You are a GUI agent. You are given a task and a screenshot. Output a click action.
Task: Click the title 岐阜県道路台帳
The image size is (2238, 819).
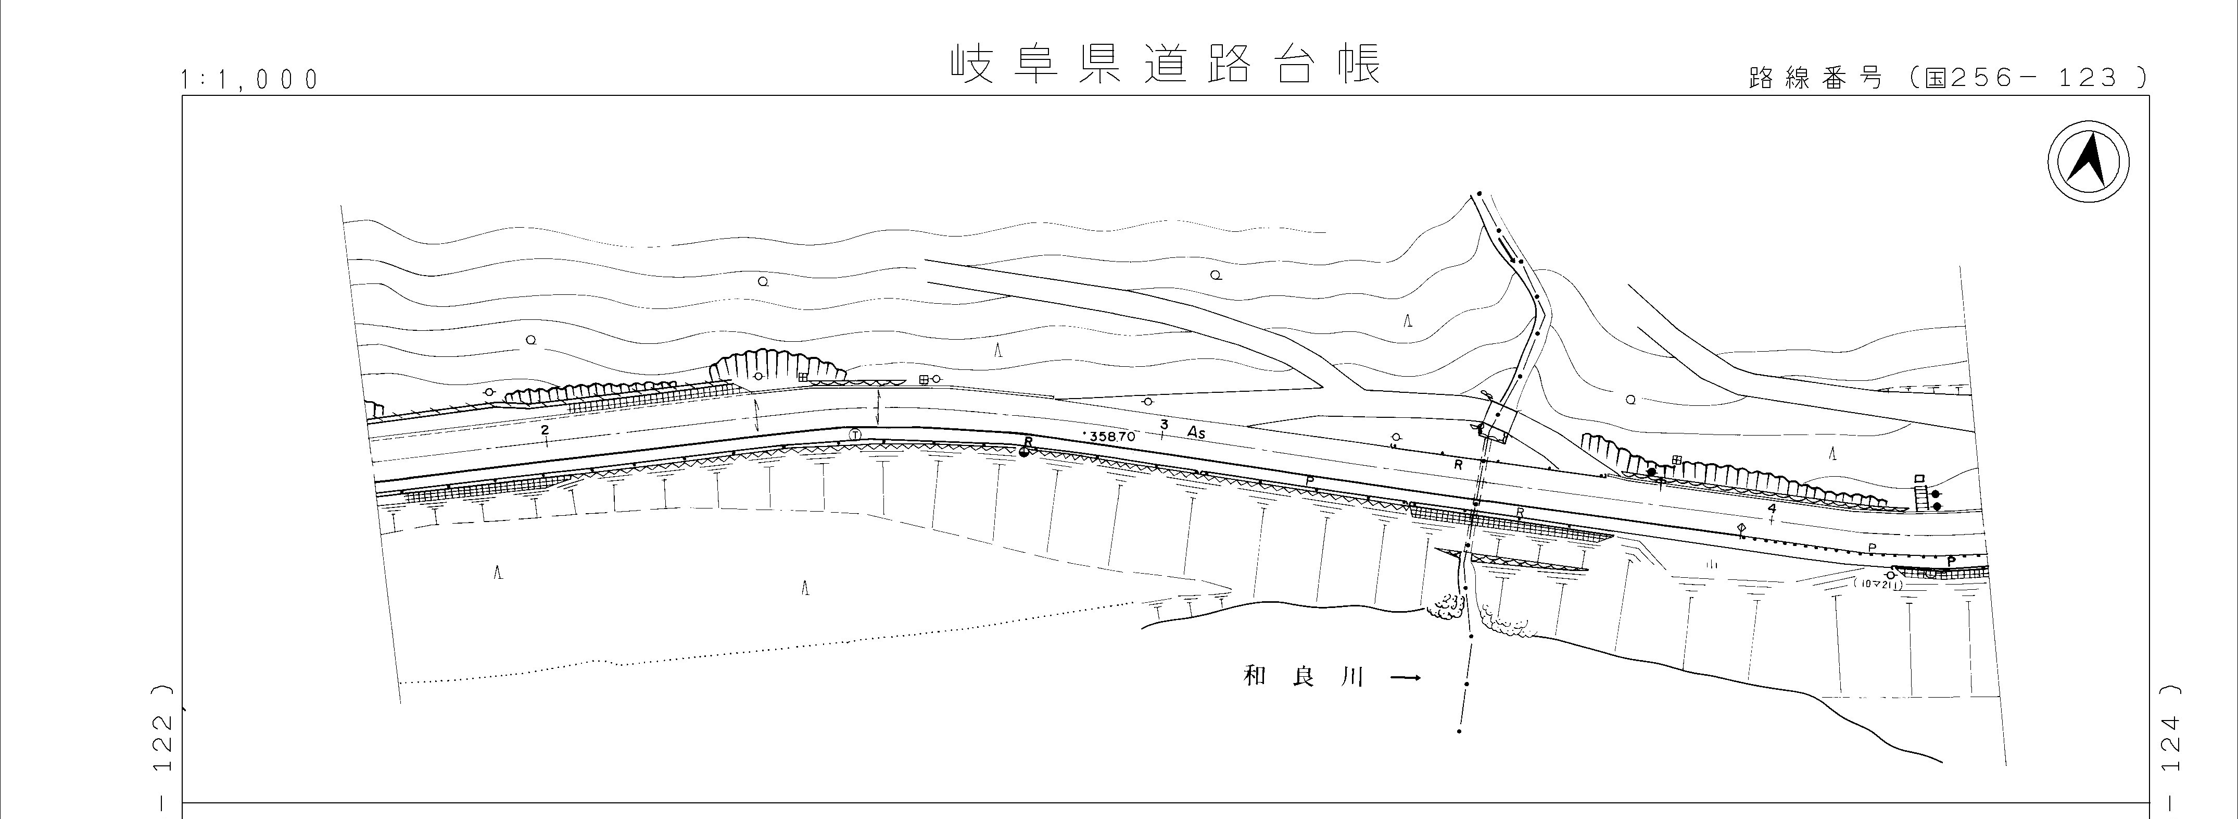click(1164, 65)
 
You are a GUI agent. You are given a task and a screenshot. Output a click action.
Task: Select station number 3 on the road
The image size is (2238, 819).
click(1164, 424)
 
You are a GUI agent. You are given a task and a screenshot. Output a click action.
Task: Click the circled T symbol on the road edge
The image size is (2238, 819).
click(855, 435)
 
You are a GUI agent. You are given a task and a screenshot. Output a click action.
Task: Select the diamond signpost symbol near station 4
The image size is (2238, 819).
click(1741, 529)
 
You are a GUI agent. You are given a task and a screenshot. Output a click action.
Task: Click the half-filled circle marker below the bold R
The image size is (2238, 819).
click(1025, 452)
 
